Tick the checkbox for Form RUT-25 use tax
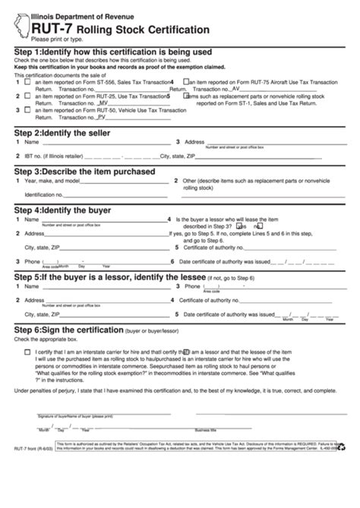(x=27, y=97)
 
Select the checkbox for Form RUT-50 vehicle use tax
(x=27, y=111)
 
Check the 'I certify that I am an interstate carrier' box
(x=28, y=352)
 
